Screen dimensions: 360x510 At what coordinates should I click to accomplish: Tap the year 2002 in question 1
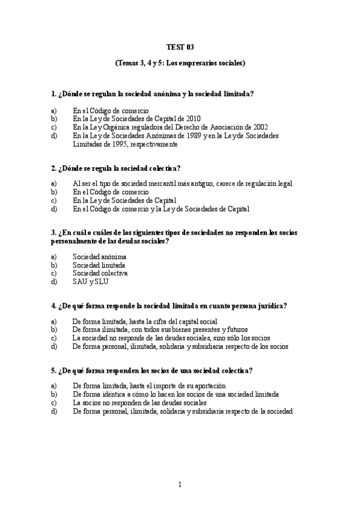tap(260, 127)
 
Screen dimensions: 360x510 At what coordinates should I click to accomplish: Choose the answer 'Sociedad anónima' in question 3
tap(99, 256)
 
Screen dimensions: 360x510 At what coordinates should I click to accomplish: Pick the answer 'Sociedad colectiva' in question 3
tap(100, 273)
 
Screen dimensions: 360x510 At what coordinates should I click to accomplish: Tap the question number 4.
tap(54, 306)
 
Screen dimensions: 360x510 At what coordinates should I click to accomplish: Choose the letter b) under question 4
tap(54, 330)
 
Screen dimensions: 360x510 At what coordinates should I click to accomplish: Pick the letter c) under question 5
tap(54, 402)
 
